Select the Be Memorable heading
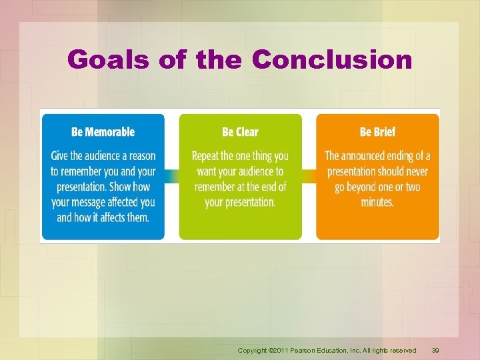[103, 132]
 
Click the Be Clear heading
[240, 132]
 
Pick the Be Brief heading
[377, 132]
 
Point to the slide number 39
[436, 350]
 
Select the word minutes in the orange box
[377, 201]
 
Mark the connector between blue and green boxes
[171, 176]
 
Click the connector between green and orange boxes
[309, 176]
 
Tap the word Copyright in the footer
[253, 350]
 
